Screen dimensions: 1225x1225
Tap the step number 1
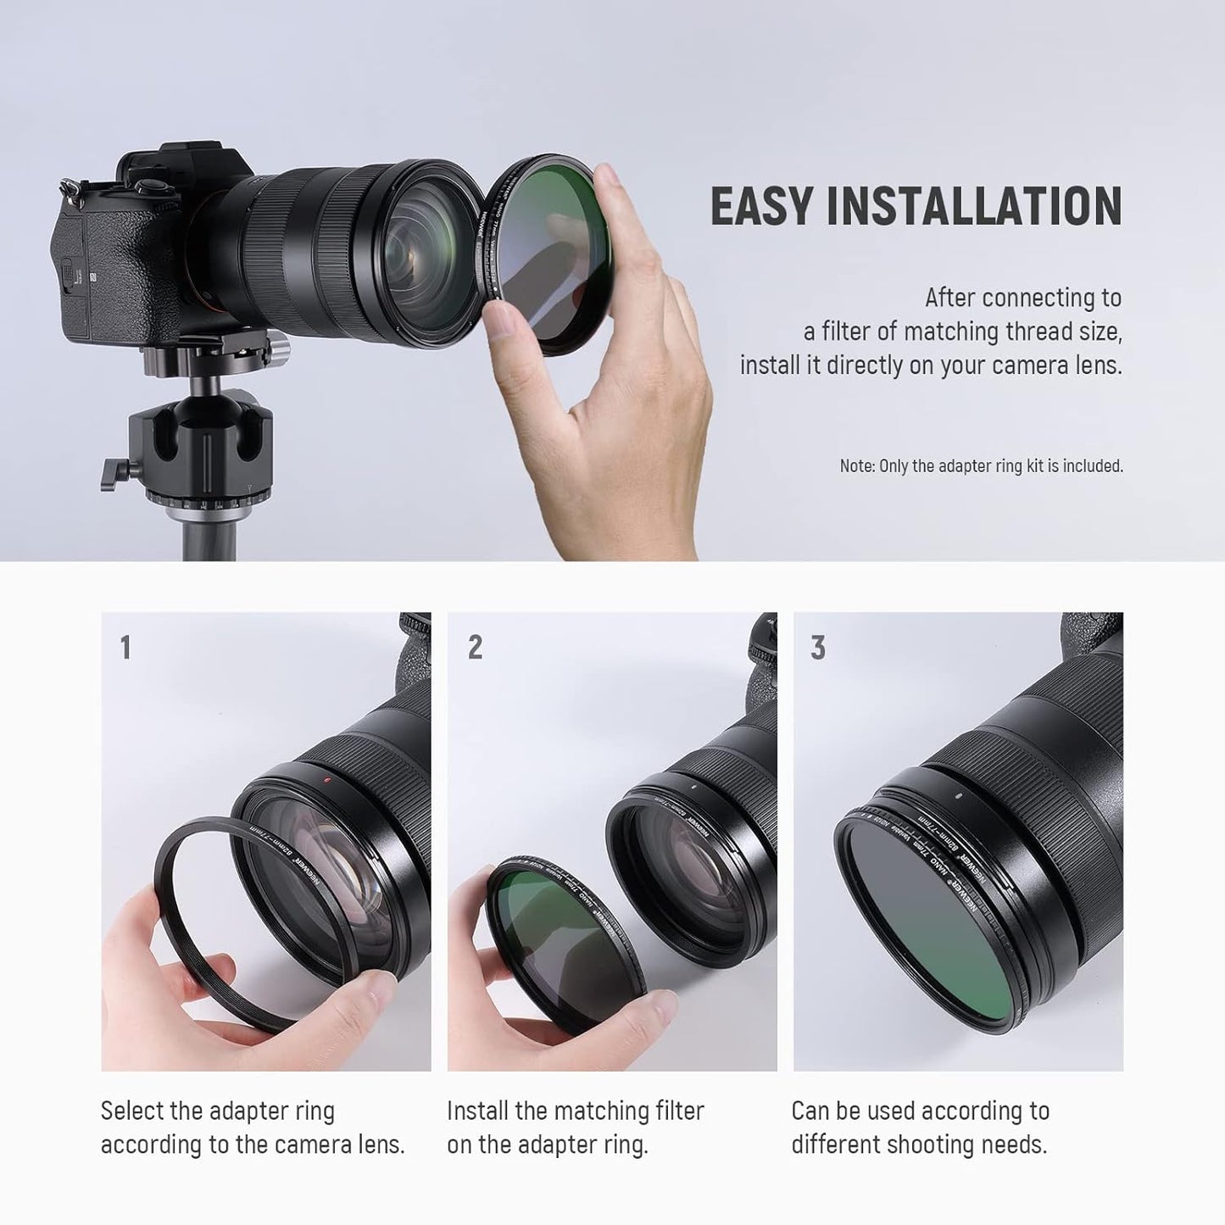(125, 648)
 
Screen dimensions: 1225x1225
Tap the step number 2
(475, 648)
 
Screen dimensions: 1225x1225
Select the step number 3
(817, 648)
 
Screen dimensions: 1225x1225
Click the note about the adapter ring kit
(981, 465)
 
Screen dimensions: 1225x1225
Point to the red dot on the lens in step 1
(325, 778)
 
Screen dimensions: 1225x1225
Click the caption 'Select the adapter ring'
(218, 1111)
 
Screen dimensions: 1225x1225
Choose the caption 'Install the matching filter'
(575, 1111)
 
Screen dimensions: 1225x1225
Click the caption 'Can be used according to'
(920, 1111)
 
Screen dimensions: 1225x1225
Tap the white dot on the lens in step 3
(955, 796)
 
